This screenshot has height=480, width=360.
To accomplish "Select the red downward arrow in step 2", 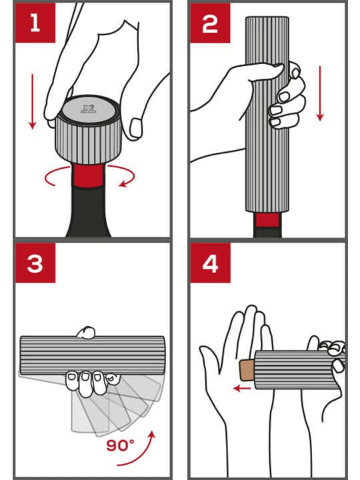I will tap(320, 93).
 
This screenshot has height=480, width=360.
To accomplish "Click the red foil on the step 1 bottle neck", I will tap(89, 177).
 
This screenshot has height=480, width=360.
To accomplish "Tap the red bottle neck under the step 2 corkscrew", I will tap(267, 221).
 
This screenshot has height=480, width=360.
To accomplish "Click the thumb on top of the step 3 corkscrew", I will tap(85, 331).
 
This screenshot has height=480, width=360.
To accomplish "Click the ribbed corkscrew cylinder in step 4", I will tap(293, 370).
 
